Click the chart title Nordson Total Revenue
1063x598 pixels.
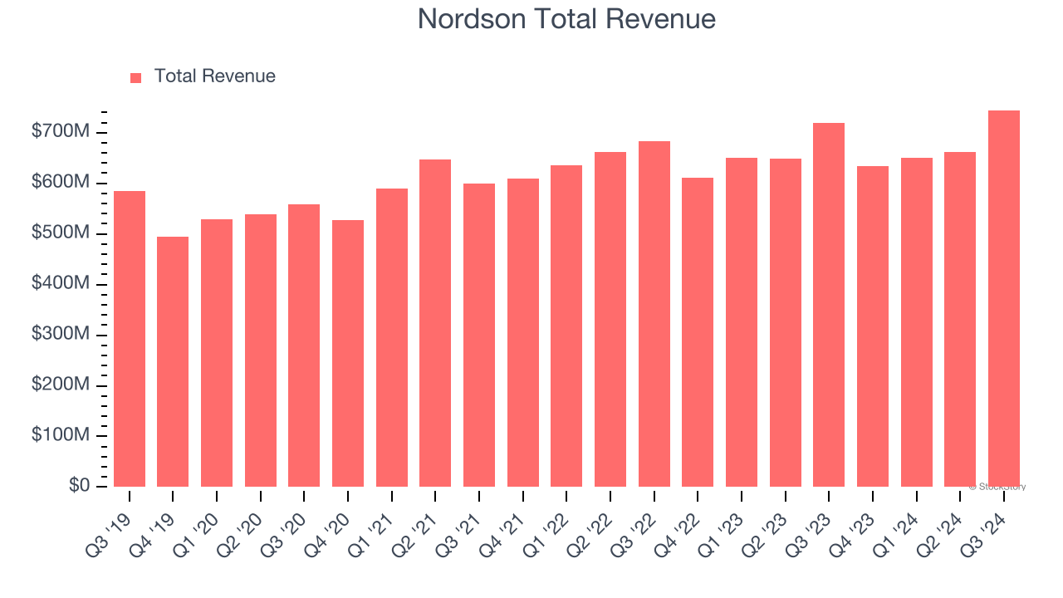[x=566, y=18]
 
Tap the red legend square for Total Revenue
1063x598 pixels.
[x=136, y=77]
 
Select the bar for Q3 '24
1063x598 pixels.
[x=1003, y=299]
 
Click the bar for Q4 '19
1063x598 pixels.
[x=173, y=362]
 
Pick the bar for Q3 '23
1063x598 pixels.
[x=829, y=305]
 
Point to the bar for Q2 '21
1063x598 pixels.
[x=435, y=323]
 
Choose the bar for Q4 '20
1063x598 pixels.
[x=347, y=354]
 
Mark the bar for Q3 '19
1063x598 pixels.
[x=130, y=339]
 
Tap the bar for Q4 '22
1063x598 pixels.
[x=698, y=332]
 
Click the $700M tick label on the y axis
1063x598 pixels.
[x=61, y=132]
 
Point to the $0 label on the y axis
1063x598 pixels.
[x=80, y=486]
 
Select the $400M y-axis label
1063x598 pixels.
[x=61, y=284]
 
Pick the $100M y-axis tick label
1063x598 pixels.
[x=61, y=435]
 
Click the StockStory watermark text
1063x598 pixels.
[x=997, y=487]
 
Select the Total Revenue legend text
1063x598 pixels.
[x=214, y=76]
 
